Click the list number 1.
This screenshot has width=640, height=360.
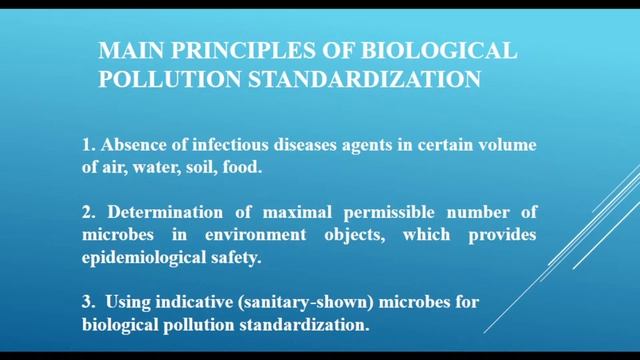(87, 147)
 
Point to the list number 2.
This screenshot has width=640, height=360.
(87, 211)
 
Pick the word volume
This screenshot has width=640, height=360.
(509, 147)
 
